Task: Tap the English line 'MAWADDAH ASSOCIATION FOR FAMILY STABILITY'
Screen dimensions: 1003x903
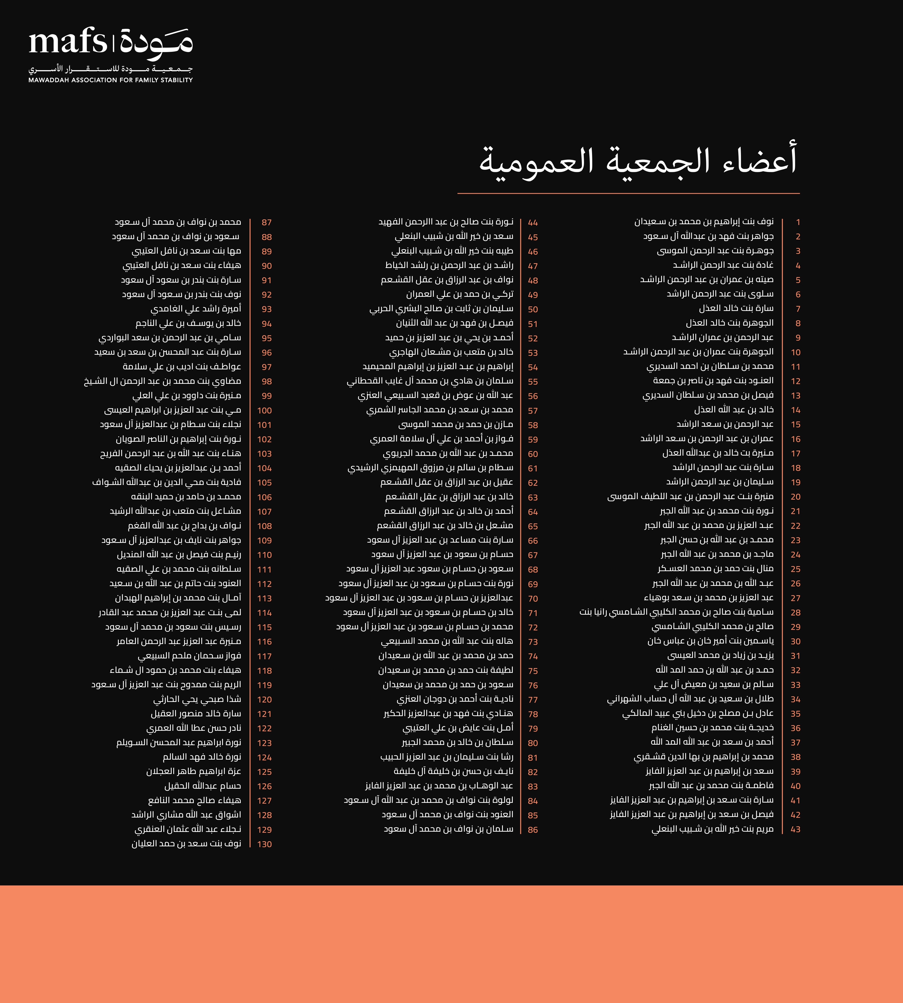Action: (x=111, y=80)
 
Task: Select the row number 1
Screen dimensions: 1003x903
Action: (x=798, y=222)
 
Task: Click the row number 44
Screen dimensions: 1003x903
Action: (x=533, y=223)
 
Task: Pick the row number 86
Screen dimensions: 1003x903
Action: (x=533, y=830)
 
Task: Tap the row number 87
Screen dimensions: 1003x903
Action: (x=266, y=223)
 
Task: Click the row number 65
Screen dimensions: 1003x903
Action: (x=533, y=526)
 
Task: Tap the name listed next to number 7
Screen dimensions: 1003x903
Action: (x=736, y=309)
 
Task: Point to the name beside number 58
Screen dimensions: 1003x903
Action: (x=455, y=425)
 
